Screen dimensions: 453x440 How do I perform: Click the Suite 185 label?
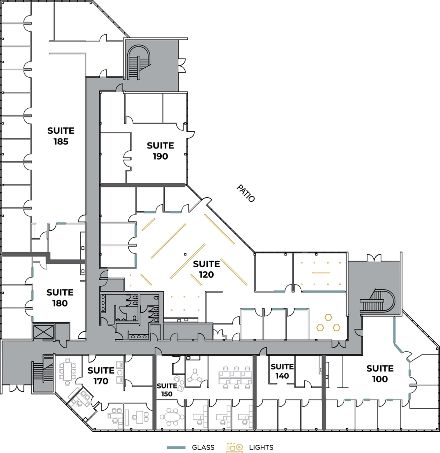point(61,136)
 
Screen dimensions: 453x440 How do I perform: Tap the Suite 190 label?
point(160,151)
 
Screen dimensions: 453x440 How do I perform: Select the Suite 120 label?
point(206,269)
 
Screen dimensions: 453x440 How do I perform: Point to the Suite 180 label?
point(60,298)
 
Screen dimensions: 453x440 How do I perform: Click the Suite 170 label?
point(101,376)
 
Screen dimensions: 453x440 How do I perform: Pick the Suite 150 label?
point(167,390)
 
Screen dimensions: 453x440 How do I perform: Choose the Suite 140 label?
point(282,371)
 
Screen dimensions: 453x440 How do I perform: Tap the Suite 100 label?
point(380,374)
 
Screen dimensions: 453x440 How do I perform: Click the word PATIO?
point(246,193)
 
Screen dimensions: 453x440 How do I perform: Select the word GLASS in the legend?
point(203,447)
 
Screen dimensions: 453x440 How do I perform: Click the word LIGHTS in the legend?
point(261,447)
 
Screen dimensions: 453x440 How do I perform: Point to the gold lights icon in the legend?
point(235,447)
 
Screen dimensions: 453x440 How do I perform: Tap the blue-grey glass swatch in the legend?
point(176,448)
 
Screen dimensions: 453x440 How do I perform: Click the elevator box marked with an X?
point(43,332)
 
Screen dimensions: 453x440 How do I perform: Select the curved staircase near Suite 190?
point(138,62)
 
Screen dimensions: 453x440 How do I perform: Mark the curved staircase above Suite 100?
point(378,301)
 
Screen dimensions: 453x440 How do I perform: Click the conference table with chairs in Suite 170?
point(67,371)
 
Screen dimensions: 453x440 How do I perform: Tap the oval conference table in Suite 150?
point(170,417)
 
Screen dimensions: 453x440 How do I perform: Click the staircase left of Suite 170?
point(43,372)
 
